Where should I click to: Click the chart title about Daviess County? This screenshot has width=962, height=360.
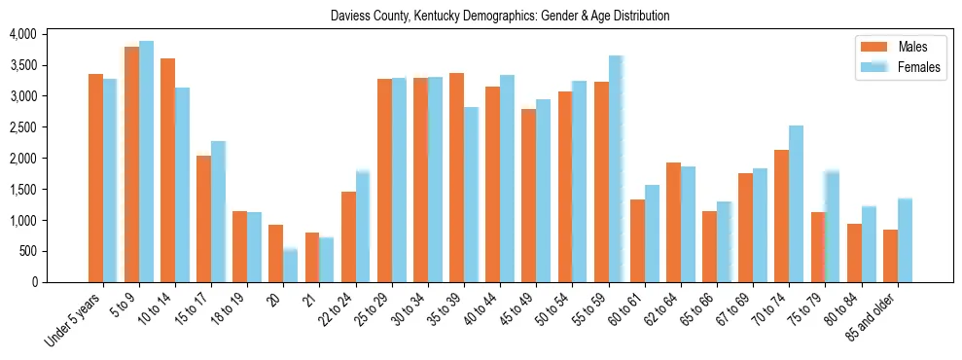click(500, 17)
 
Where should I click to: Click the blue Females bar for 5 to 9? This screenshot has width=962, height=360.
click(146, 162)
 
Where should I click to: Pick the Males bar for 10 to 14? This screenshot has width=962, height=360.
click(167, 170)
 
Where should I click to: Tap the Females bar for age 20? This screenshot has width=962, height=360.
click(291, 266)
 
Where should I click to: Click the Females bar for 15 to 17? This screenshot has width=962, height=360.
click(219, 212)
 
